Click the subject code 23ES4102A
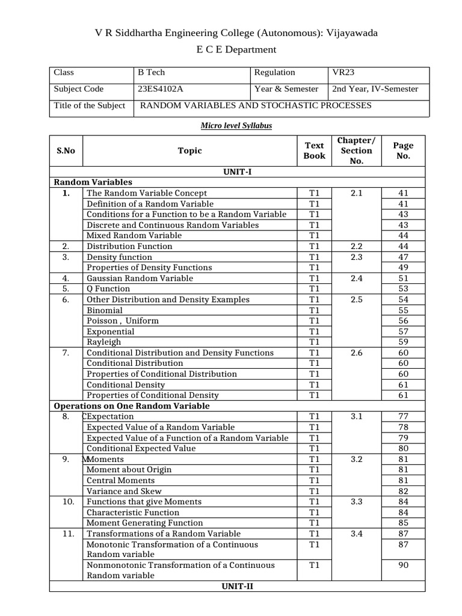pos(160,89)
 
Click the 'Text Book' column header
pos(314,150)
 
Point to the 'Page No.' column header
pos(403,150)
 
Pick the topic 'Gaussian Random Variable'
pos(140,278)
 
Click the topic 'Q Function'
pos(108,289)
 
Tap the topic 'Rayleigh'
pos(103,342)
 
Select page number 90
pos(403,565)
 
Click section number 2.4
pos(357,278)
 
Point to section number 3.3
pos(357,502)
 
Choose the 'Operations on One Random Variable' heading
pos(132,406)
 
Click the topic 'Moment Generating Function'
pos(144,523)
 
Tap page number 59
pos(403,342)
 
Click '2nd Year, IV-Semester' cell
pos(375,89)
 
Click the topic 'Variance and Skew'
pos(124,491)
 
